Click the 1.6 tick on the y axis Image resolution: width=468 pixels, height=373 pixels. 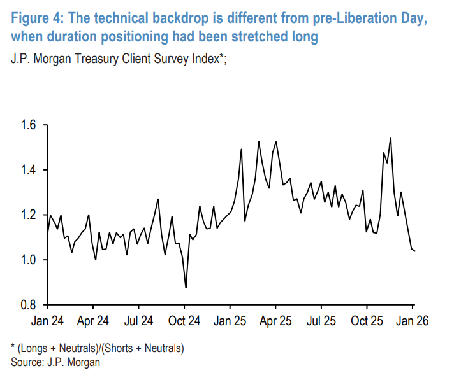[x=30, y=125]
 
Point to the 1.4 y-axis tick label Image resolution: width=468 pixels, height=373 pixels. [x=30, y=170]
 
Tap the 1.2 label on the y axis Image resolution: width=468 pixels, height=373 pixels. [x=30, y=215]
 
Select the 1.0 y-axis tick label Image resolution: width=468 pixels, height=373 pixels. [x=30, y=260]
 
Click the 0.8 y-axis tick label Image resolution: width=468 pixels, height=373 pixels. [x=30, y=305]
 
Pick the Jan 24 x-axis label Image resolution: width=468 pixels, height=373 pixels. [x=48, y=321]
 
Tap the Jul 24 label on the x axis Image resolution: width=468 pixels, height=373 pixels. [x=138, y=321]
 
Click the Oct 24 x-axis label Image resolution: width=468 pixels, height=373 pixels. [x=184, y=321]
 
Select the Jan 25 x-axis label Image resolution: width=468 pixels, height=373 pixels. [x=230, y=321]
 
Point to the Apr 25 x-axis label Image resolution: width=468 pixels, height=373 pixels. [x=275, y=321]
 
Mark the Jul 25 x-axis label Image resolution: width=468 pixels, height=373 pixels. [x=321, y=321]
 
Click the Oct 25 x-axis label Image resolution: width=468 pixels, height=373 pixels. [x=367, y=321]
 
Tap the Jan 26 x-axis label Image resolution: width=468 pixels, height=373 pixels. [x=412, y=321]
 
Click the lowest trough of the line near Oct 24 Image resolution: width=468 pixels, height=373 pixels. [x=186, y=288]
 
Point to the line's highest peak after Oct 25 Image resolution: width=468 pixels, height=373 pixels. [x=390, y=138]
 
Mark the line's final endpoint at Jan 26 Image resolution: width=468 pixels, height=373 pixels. [x=416, y=251]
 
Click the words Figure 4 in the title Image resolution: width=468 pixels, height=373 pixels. [x=33, y=18]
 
